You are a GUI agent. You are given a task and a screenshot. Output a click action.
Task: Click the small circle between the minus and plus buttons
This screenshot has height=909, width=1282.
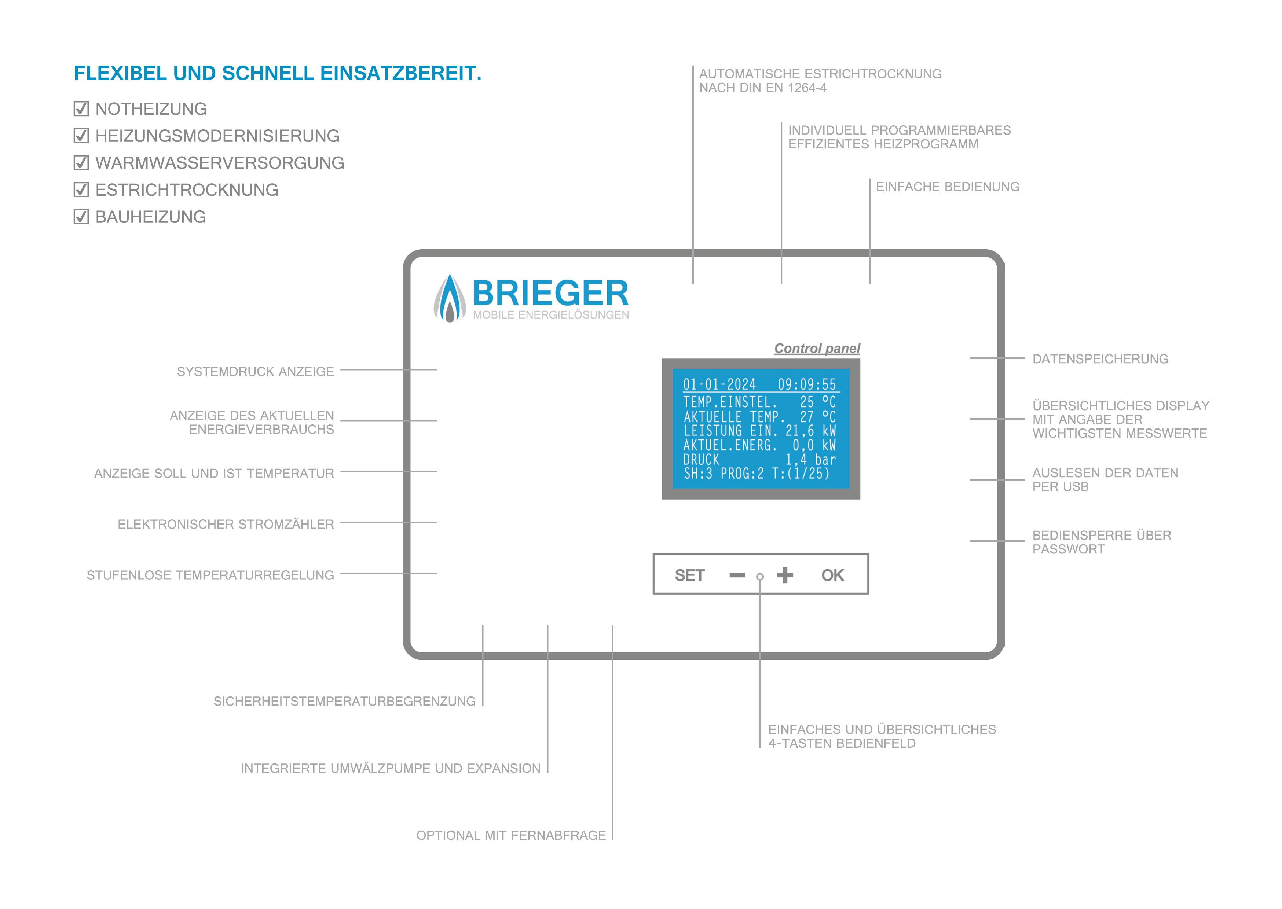[x=760, y=577]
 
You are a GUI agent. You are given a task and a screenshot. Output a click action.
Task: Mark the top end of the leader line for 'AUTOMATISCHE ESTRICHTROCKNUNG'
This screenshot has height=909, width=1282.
[x=693, y=66]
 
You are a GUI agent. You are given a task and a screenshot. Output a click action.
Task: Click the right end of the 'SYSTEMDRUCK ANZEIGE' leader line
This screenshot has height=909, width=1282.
[x=437, y=369]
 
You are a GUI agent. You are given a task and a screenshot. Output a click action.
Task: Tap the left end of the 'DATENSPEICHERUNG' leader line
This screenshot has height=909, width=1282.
[x=970, y=358]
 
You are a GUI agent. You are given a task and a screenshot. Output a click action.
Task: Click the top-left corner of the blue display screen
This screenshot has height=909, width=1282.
[x=672, y=369]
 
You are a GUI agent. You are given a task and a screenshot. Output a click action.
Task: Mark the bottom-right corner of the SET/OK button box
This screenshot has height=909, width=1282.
[x=868, y=594]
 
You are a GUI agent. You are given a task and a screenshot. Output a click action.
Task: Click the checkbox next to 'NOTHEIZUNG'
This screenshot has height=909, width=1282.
[x=81, y=108]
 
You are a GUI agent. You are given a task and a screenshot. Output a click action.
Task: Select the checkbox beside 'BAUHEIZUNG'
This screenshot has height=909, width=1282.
[x=81, y=217]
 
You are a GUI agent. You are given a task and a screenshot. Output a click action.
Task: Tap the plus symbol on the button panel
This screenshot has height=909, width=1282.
[x=785, y=575]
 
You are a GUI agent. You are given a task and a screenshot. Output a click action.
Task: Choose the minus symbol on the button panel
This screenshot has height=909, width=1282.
[x=737, y=575]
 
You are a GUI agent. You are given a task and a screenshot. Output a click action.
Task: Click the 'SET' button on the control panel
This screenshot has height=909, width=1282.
[x=690, y=575]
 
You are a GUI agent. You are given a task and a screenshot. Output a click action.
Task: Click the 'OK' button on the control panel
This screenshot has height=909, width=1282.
[x=832, y=575]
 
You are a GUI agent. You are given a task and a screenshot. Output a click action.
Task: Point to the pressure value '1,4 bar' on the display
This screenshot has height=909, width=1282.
[x=811, y=460]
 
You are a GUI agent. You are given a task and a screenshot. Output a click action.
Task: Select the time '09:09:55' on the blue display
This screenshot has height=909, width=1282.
[x=807, y=384]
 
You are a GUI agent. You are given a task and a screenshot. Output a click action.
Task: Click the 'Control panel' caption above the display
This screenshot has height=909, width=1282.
[x=817, y=348]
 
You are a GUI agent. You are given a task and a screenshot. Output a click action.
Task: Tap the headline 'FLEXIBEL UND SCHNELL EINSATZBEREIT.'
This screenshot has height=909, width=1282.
[x=278, y=73]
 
